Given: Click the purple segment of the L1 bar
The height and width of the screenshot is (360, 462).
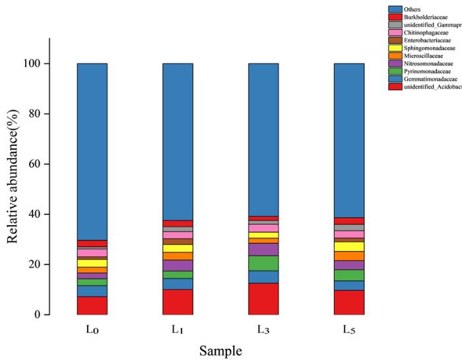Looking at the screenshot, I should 178,265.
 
